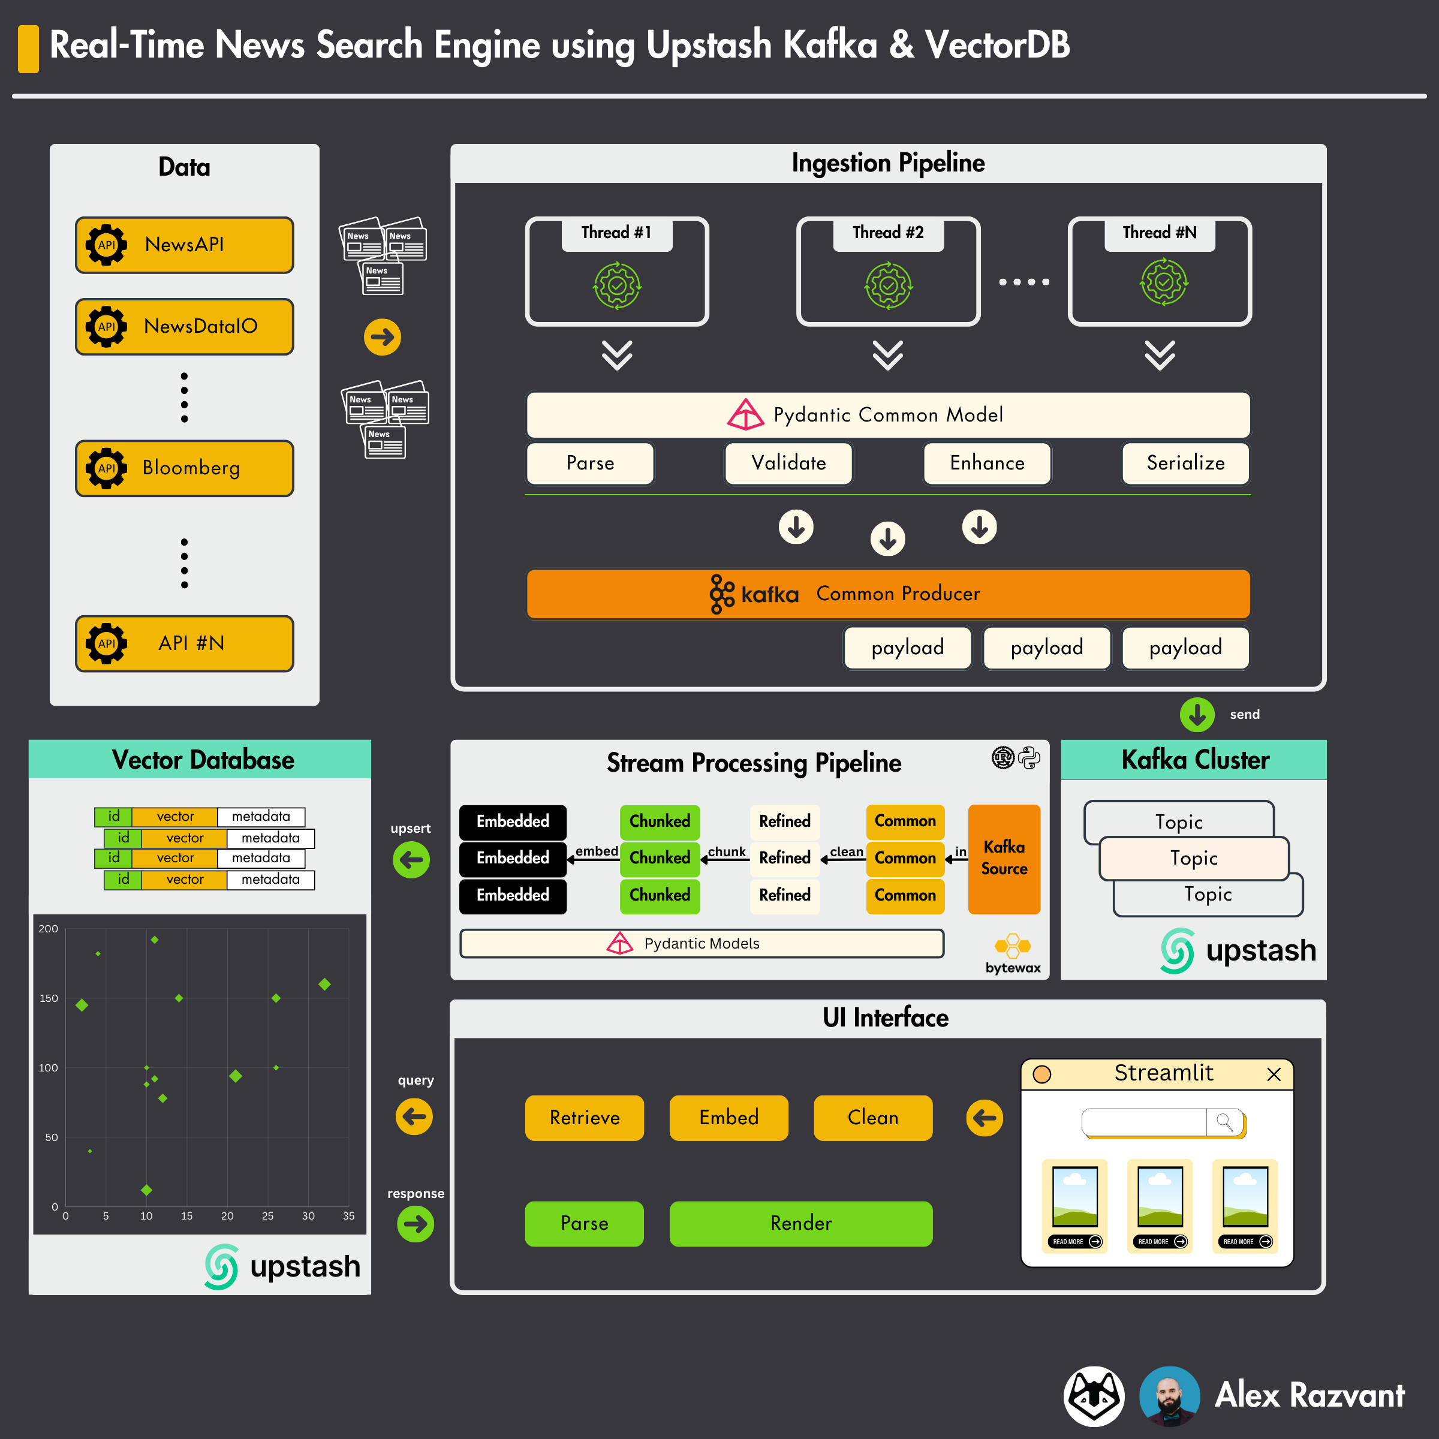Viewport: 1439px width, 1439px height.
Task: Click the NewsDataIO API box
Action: tap(184, 326)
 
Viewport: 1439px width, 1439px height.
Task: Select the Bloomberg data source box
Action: tap(184, 468)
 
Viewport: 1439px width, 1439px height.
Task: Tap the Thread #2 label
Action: tap(888, 233)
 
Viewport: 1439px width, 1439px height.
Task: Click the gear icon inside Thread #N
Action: tap(1163, 283)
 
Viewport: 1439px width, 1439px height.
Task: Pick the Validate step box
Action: tap(789, 463)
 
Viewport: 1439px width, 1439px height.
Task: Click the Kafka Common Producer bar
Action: tap(888, 594)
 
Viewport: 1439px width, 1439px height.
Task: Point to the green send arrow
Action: tap(1197, 714)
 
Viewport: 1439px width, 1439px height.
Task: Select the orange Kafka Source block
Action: tap(1004, 858)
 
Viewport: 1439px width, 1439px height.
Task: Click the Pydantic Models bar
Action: tap(702, 943)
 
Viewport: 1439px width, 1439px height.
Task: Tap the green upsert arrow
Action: tap(411, 860)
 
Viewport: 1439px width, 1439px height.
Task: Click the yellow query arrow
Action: tap(414, 1116)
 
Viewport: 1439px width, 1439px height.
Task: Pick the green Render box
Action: tap(800, 1223)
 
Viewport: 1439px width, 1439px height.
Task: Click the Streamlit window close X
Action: tap(1274, 1074)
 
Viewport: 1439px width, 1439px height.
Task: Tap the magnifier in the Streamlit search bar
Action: tap(1224, 1122)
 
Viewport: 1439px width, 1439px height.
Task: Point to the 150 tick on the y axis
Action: tap(49, 998)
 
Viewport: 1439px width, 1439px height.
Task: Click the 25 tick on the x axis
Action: tap(267, 1215)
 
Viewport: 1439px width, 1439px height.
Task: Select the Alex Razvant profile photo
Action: tap(1169, 1395)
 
